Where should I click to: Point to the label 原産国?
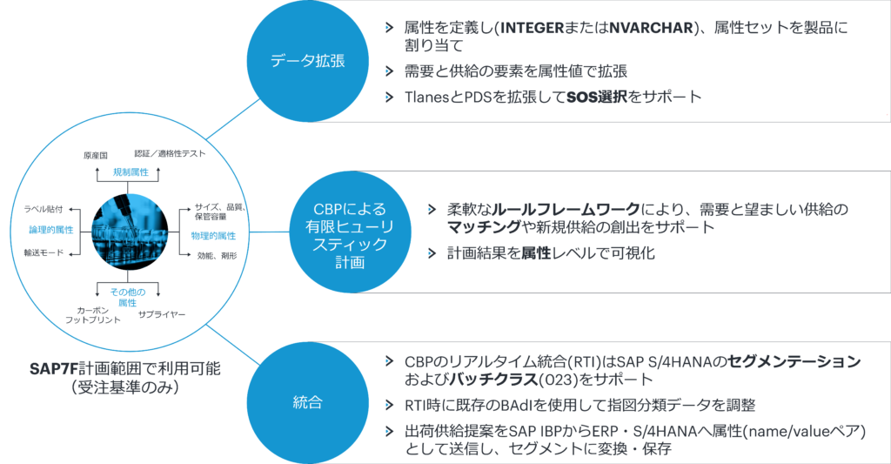click(x=95, y=155)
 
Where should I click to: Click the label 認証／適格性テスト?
click(x=170, y=152)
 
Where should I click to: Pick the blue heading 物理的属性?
click(x=213, y=235)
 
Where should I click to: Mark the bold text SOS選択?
click(x=600, y=97)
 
